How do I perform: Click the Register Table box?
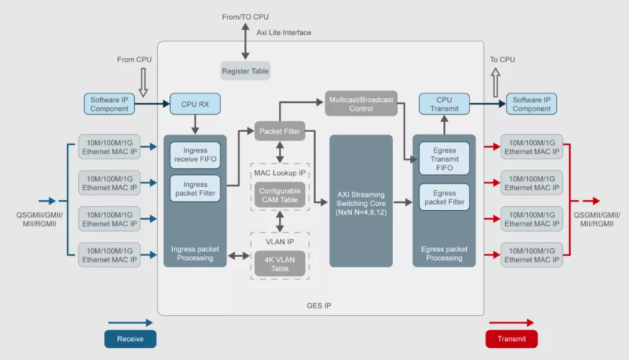point(245,71)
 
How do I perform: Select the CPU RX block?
point(195,104)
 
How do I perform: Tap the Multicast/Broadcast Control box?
point(361,104)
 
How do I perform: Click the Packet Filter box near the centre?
point(280,131)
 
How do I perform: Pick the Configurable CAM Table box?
point(280,195)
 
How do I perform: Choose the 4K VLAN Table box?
point(280,264)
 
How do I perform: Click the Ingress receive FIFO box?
point(195,155)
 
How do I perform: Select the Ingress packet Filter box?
point(195,188)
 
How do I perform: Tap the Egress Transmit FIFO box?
point(444,159)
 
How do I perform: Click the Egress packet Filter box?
point(444,197)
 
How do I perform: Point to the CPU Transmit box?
point(444,104)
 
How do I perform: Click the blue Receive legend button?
point(131,339)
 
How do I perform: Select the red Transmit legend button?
point(512,339)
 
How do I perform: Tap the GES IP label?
point(319,305)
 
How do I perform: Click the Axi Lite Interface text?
point(283,32)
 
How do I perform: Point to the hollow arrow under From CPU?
point(143,82)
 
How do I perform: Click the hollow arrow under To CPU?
point(495,82)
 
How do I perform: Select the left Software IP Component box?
point(109,104)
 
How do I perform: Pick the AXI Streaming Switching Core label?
point(361,203)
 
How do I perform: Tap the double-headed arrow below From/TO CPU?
point(245,41)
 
